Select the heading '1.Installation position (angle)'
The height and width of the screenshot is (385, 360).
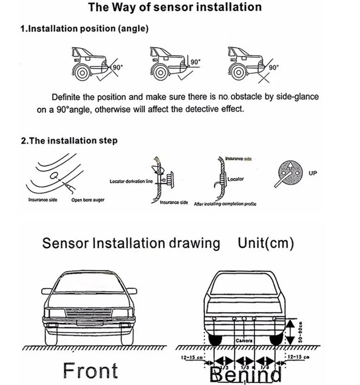(x=84, y=28)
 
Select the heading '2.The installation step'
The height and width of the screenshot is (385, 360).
(x=69, y=140)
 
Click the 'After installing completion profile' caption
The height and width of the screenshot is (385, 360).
(x=225, y=204)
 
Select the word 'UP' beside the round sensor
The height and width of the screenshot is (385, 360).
(x=312, y=172)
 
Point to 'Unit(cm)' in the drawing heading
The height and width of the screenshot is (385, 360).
(x=266, y=243)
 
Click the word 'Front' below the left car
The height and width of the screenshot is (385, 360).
(x=90, y=370)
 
